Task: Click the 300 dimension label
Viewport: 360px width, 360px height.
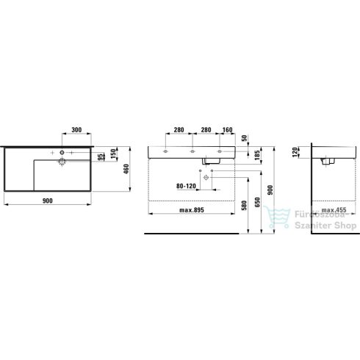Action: pyautogui.click(x=76, y=129)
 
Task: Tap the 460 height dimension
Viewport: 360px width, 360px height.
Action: pyautogui.click(x=126, y=169)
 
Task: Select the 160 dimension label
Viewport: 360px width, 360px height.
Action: pyautogui.click(x=227, y=129)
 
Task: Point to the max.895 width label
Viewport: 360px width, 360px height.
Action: pyautogui.click(x=192, y=210)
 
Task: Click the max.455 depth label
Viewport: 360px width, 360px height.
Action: pyautogui.click(x=334, y=210)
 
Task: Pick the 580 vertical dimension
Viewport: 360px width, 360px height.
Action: pyautogui.click(x=244, y=206)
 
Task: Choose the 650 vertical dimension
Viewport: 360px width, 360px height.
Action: pyautogui.click(x=257, y=202)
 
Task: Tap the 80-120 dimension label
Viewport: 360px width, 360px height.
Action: pyautogui.click(x=186, y=186)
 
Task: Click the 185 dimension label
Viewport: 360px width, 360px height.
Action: pyautogui.click(x=257, y=156)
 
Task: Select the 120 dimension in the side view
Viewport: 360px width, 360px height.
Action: pyautogui.click(x=295, y=152)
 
